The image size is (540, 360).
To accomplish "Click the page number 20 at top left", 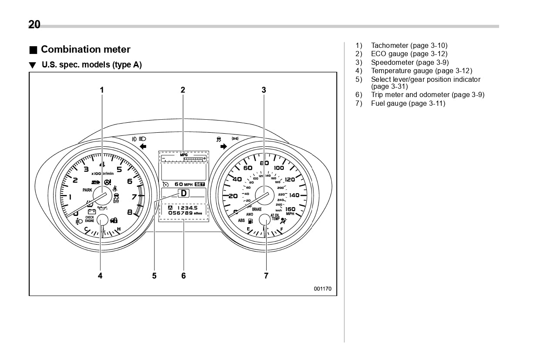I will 34,24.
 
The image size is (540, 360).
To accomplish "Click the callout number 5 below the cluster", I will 154,276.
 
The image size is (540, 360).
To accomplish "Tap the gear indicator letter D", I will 184,193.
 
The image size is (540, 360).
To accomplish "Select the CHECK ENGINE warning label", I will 90,219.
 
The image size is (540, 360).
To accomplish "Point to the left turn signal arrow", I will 143,147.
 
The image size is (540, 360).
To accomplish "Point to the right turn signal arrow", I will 224,147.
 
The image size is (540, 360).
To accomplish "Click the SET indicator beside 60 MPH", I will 200,184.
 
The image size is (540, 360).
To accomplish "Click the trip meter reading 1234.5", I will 187,208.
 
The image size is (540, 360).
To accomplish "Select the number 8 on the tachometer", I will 130,212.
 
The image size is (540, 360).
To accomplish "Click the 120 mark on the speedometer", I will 290,179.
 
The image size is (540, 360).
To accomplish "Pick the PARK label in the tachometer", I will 87,190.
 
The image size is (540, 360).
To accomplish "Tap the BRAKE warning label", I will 257,209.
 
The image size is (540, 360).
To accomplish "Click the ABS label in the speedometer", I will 241,220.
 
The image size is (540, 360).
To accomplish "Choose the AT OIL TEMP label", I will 275,217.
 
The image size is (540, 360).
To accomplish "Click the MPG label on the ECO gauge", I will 183,155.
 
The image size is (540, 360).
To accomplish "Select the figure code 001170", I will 322,289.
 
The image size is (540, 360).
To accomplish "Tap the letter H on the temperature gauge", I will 118,229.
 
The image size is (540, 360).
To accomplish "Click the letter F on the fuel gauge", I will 282,229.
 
